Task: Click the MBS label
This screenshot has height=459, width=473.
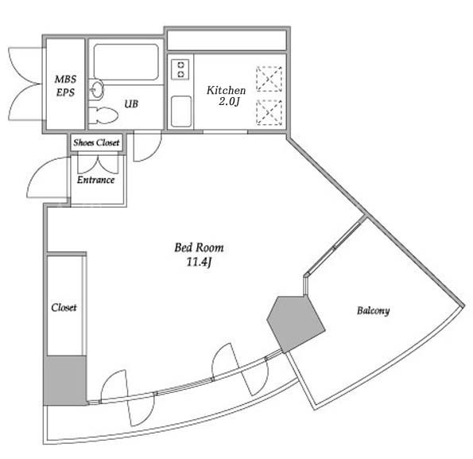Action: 65,80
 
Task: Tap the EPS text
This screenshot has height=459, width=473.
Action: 65,92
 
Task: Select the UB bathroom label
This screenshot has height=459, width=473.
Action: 131,103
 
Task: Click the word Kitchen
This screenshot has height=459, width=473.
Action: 226,90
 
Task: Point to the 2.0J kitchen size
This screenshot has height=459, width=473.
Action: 229,102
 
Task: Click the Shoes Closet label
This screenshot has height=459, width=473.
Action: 96,142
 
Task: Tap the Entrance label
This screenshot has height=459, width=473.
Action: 95,180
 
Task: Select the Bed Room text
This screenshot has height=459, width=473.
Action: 199,247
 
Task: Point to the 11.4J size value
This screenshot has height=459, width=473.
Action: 199,262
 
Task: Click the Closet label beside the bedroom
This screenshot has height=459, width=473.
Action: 64,308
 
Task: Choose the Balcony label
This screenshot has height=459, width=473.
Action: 373,310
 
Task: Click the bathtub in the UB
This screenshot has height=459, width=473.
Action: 126,62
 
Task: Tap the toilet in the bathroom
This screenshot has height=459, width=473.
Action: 103,115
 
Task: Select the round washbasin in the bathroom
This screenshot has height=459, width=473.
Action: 97,89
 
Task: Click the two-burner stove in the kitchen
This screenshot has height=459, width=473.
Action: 180,69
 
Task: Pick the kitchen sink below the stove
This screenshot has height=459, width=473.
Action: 181,111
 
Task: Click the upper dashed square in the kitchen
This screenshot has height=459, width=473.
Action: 269,79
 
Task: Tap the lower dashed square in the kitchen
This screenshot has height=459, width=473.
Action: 269,112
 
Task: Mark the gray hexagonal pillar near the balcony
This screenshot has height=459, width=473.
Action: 296,324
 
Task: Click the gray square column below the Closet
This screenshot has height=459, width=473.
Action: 65,380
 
